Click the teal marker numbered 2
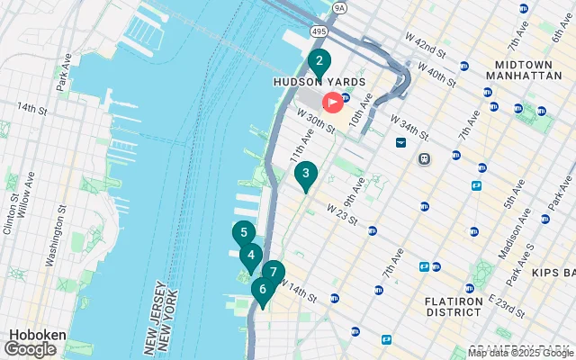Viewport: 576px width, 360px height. [x=318, y=62]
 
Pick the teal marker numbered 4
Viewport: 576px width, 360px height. [x=250, y=256]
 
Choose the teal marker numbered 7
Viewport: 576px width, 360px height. [x=274, y=272]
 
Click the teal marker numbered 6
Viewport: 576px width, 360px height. [x=262, y=290]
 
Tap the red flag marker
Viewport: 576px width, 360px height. [x=332, y=102]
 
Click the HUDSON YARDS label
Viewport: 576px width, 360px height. [x=319, y=82]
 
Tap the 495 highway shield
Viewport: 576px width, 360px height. [x=319, y=31]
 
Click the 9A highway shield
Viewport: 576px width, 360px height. [x=339, y=8]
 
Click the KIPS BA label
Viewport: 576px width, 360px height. [x=551, y=272]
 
